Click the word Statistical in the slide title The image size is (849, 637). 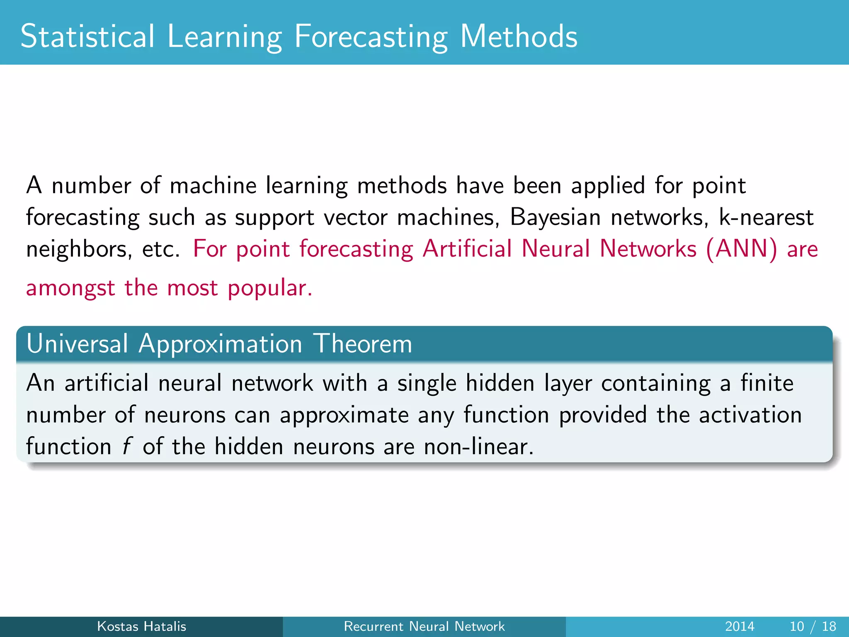(87, 36)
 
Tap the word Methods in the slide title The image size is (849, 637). (519, 36)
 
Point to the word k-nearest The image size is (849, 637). (766, 217)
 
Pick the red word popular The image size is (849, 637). (269, 288)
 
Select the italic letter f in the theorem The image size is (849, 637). (126, 447)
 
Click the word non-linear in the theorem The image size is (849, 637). (478, 447)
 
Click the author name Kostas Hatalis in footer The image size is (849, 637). (141, 626)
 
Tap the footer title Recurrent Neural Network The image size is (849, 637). (424, 626)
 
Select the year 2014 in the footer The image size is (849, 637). (740, 626)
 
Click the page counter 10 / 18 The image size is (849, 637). (813, 626)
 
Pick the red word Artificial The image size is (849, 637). (467, 249)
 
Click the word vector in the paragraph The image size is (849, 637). (355, 218)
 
